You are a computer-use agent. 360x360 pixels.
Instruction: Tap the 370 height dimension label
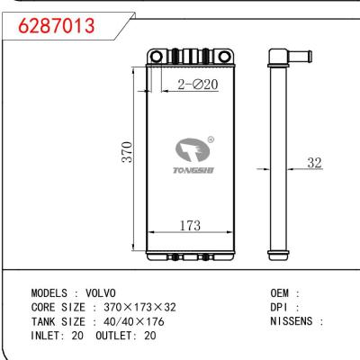coord(128,150)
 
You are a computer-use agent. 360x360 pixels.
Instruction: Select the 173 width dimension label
coord(188,226)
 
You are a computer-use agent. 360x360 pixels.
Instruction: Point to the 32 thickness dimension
coord(314,163)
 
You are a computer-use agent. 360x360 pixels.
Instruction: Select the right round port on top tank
coord(220,59)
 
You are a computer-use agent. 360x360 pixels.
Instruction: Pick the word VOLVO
coord(102,294)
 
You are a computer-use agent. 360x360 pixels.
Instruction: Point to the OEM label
coord(280,294)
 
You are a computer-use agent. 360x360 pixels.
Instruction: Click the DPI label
coord(280,307)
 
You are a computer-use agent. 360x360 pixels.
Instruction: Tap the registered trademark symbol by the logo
coord(211,139)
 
